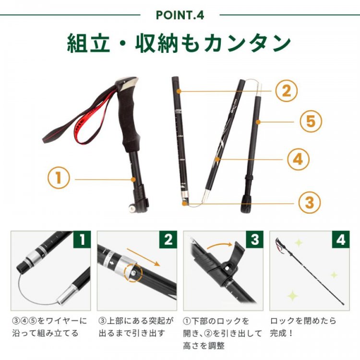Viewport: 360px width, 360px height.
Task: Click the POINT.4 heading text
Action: pyautogui.click(x=180, y=15)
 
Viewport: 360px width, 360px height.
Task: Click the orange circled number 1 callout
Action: pyautogui.click(x=59, y=178)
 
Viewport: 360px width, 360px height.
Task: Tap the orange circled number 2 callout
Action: pyautogui.click(x=286, y=91)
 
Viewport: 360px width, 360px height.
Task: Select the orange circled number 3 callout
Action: pyautogui.click(x=310, y=203)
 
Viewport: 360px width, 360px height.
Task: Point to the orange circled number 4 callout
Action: pyautogui.click(x=298, y=159)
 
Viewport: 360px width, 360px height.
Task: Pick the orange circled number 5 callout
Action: pyautogui.click(x=311, y=121)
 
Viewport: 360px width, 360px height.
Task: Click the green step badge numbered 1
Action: pyautogui.click(x=82, y=240)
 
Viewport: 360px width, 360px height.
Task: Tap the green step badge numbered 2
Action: pyautogui.click(x=168, y=240)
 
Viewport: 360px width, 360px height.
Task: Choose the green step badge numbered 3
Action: pyautogui.click(x=254, y=240)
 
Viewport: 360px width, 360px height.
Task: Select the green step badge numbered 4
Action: pyautogui.click(x=341, y=240)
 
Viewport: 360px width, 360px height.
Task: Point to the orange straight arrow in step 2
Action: pyautogui.click(x=143, y=257)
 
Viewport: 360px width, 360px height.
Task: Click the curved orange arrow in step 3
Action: pyautogui.click(x=220, y=245)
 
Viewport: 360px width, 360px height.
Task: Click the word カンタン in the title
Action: pyautogui.click(x=247, y=43)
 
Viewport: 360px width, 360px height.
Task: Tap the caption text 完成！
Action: pyautogui.click(x=281, y=333)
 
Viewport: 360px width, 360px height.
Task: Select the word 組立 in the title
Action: pyautogui.click(x=88, y=43)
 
